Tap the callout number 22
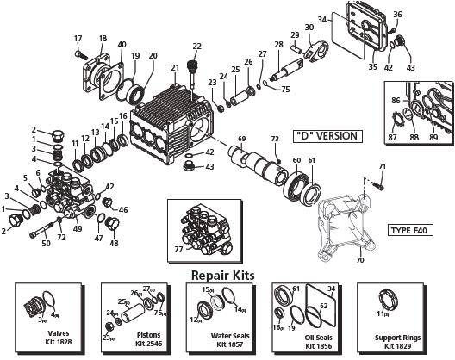[x=197, y=46]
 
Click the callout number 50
[x=46, y=244]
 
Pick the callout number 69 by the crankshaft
[x=242, y=139]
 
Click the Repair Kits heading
[x=227, y=275]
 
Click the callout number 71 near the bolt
[x=382, y=165]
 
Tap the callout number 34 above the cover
[x=346, y=19]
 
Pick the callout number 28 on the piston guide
[x=278, y=45]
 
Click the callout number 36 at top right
[x=397, y=14]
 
